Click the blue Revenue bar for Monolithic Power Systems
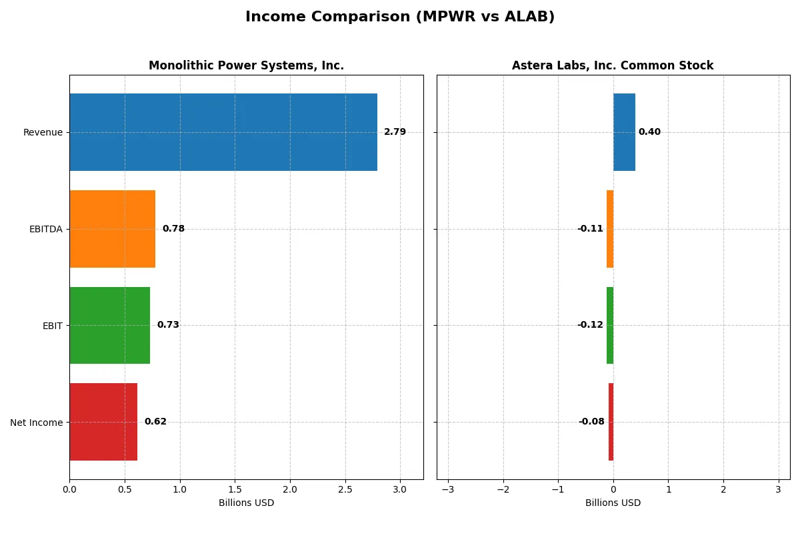[223, 132]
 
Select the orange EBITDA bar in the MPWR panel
[112, 229]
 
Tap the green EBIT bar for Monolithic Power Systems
[109, 325]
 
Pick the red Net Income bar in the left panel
[103, 422]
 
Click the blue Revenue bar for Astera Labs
[624, 132]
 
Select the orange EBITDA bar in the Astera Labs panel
[610, 229]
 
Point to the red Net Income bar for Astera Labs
[611, 422]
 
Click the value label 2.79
[395, 132]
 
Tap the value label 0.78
[173, 229]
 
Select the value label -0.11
[590, 229]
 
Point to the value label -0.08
[591, 422]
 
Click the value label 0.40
[649, 132]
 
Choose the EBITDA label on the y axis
[45, 229]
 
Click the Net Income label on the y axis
[37, 423]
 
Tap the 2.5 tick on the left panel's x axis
[345, 490]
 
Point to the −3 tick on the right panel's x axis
[447, 490]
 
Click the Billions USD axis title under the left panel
[246, 503]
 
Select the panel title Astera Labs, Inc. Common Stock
[613, 65]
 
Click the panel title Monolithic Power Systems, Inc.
[246, 65]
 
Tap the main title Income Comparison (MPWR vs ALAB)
[400, 17]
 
